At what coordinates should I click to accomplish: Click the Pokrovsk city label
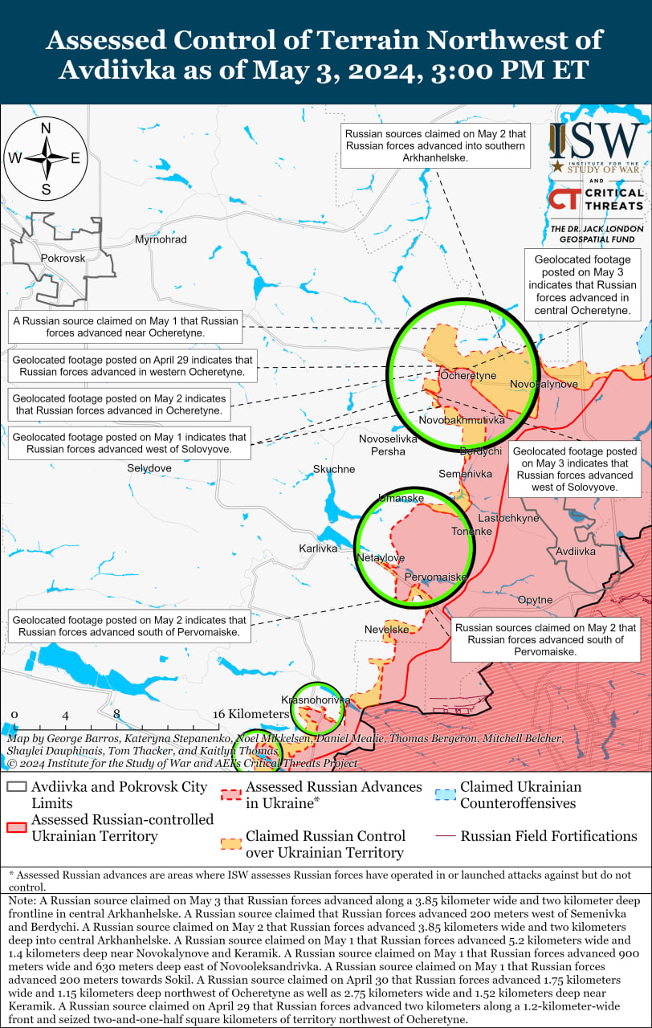(x=63, y=258)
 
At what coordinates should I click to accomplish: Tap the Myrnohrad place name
(x=161, y=239)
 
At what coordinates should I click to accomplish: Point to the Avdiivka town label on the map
(x=576, y=552)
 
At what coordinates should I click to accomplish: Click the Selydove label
(x=149, y=467)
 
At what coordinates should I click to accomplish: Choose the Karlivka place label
(x=318, y=549)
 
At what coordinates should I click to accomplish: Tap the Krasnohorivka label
(x=316, y=700)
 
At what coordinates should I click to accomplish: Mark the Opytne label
(x=535, y=600)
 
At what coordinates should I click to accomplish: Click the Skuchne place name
(x=334, y=469)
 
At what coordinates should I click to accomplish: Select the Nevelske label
(x=387, y=630)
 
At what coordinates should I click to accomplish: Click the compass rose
(x=46, y=158)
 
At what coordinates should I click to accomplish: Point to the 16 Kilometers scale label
(x=251, y=714)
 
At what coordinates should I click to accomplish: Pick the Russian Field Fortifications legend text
(x=548, y=836)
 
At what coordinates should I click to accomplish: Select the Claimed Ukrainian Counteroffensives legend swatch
(x=446, y=795)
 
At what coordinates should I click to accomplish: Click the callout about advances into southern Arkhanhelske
(x=435, y=146)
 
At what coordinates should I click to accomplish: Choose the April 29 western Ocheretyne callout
(x=133, y=367)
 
